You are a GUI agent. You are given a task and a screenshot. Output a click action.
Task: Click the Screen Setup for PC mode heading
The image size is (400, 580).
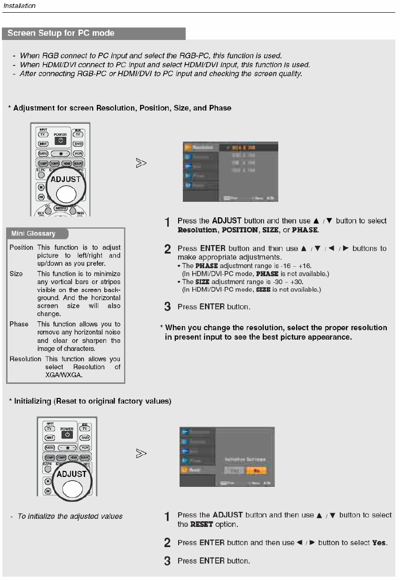(x=61, y=33)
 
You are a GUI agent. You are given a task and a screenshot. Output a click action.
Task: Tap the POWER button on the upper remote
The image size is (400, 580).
(x=61, y=140)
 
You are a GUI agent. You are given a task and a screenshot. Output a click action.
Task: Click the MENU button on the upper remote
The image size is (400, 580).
(x=61, y=208)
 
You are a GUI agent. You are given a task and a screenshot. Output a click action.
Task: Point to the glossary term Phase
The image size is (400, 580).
(x=19, y=324)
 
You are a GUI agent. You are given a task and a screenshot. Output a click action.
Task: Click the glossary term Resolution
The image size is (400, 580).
(x=25, y=359)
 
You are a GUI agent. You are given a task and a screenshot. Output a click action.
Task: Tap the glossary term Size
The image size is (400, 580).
(x=16, y=273)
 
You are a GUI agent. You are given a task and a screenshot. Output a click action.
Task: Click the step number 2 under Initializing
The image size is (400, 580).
(x=167, y=543)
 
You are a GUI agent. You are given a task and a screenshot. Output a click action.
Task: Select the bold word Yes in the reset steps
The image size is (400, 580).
(x=379, y=543)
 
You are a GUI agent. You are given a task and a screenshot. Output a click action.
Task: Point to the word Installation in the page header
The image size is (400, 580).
(x=19, y=5)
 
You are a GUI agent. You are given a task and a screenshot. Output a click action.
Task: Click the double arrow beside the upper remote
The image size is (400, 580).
(x=141, y=163)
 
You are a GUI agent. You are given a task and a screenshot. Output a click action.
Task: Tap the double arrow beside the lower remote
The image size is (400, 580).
(x=141, y=454)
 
